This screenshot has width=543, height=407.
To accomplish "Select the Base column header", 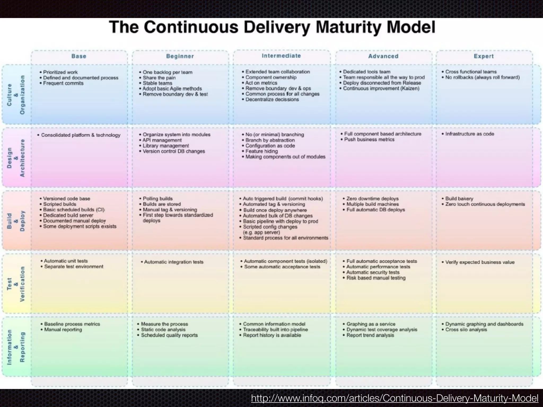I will (x=79, y=56).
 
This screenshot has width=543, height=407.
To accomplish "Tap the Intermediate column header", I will (x=281, y=56).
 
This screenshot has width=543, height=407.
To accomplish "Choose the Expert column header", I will (x=484, y=56).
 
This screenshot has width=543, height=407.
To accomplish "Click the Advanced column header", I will (x=383, y=56).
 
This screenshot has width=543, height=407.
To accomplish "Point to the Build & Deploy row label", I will (x=16, y=221).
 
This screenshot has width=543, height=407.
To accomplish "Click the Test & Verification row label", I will (x=16, y=284).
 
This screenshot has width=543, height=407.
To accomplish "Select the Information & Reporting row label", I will (x=16, y=347).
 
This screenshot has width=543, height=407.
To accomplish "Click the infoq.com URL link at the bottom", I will (x=395, y=398).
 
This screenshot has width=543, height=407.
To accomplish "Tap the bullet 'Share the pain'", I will (x=159, y=78).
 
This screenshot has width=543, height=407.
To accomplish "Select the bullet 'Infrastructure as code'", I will (x=470, y=134).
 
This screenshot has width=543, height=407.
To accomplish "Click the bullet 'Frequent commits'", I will (x=63, y=83).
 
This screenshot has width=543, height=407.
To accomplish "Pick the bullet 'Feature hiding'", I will (x=261, y=151).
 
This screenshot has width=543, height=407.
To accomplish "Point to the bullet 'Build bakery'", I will (x=459, y=199).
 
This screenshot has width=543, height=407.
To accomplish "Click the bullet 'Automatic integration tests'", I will (x=174, y=262).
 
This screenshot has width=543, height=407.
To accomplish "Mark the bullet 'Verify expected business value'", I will (x=480, y=262).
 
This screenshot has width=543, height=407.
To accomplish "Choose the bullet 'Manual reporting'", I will (x=63, y=330).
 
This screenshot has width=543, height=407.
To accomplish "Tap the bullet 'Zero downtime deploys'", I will (x=372, y=199).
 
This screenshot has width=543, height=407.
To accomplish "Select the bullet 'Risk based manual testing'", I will (x=376, y=278).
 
